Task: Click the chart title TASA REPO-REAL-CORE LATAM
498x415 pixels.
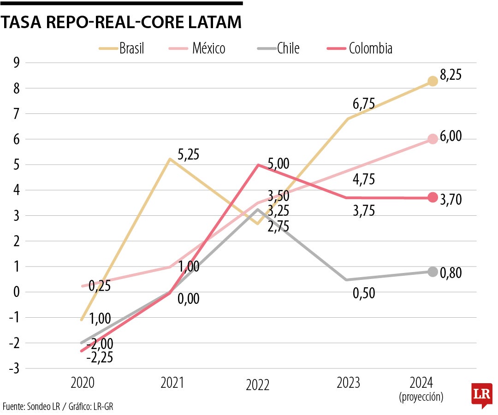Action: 121,23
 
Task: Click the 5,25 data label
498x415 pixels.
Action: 188,154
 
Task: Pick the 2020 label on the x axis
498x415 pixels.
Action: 83,383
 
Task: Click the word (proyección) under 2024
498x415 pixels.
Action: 421,397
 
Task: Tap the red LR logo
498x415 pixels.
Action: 481,395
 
